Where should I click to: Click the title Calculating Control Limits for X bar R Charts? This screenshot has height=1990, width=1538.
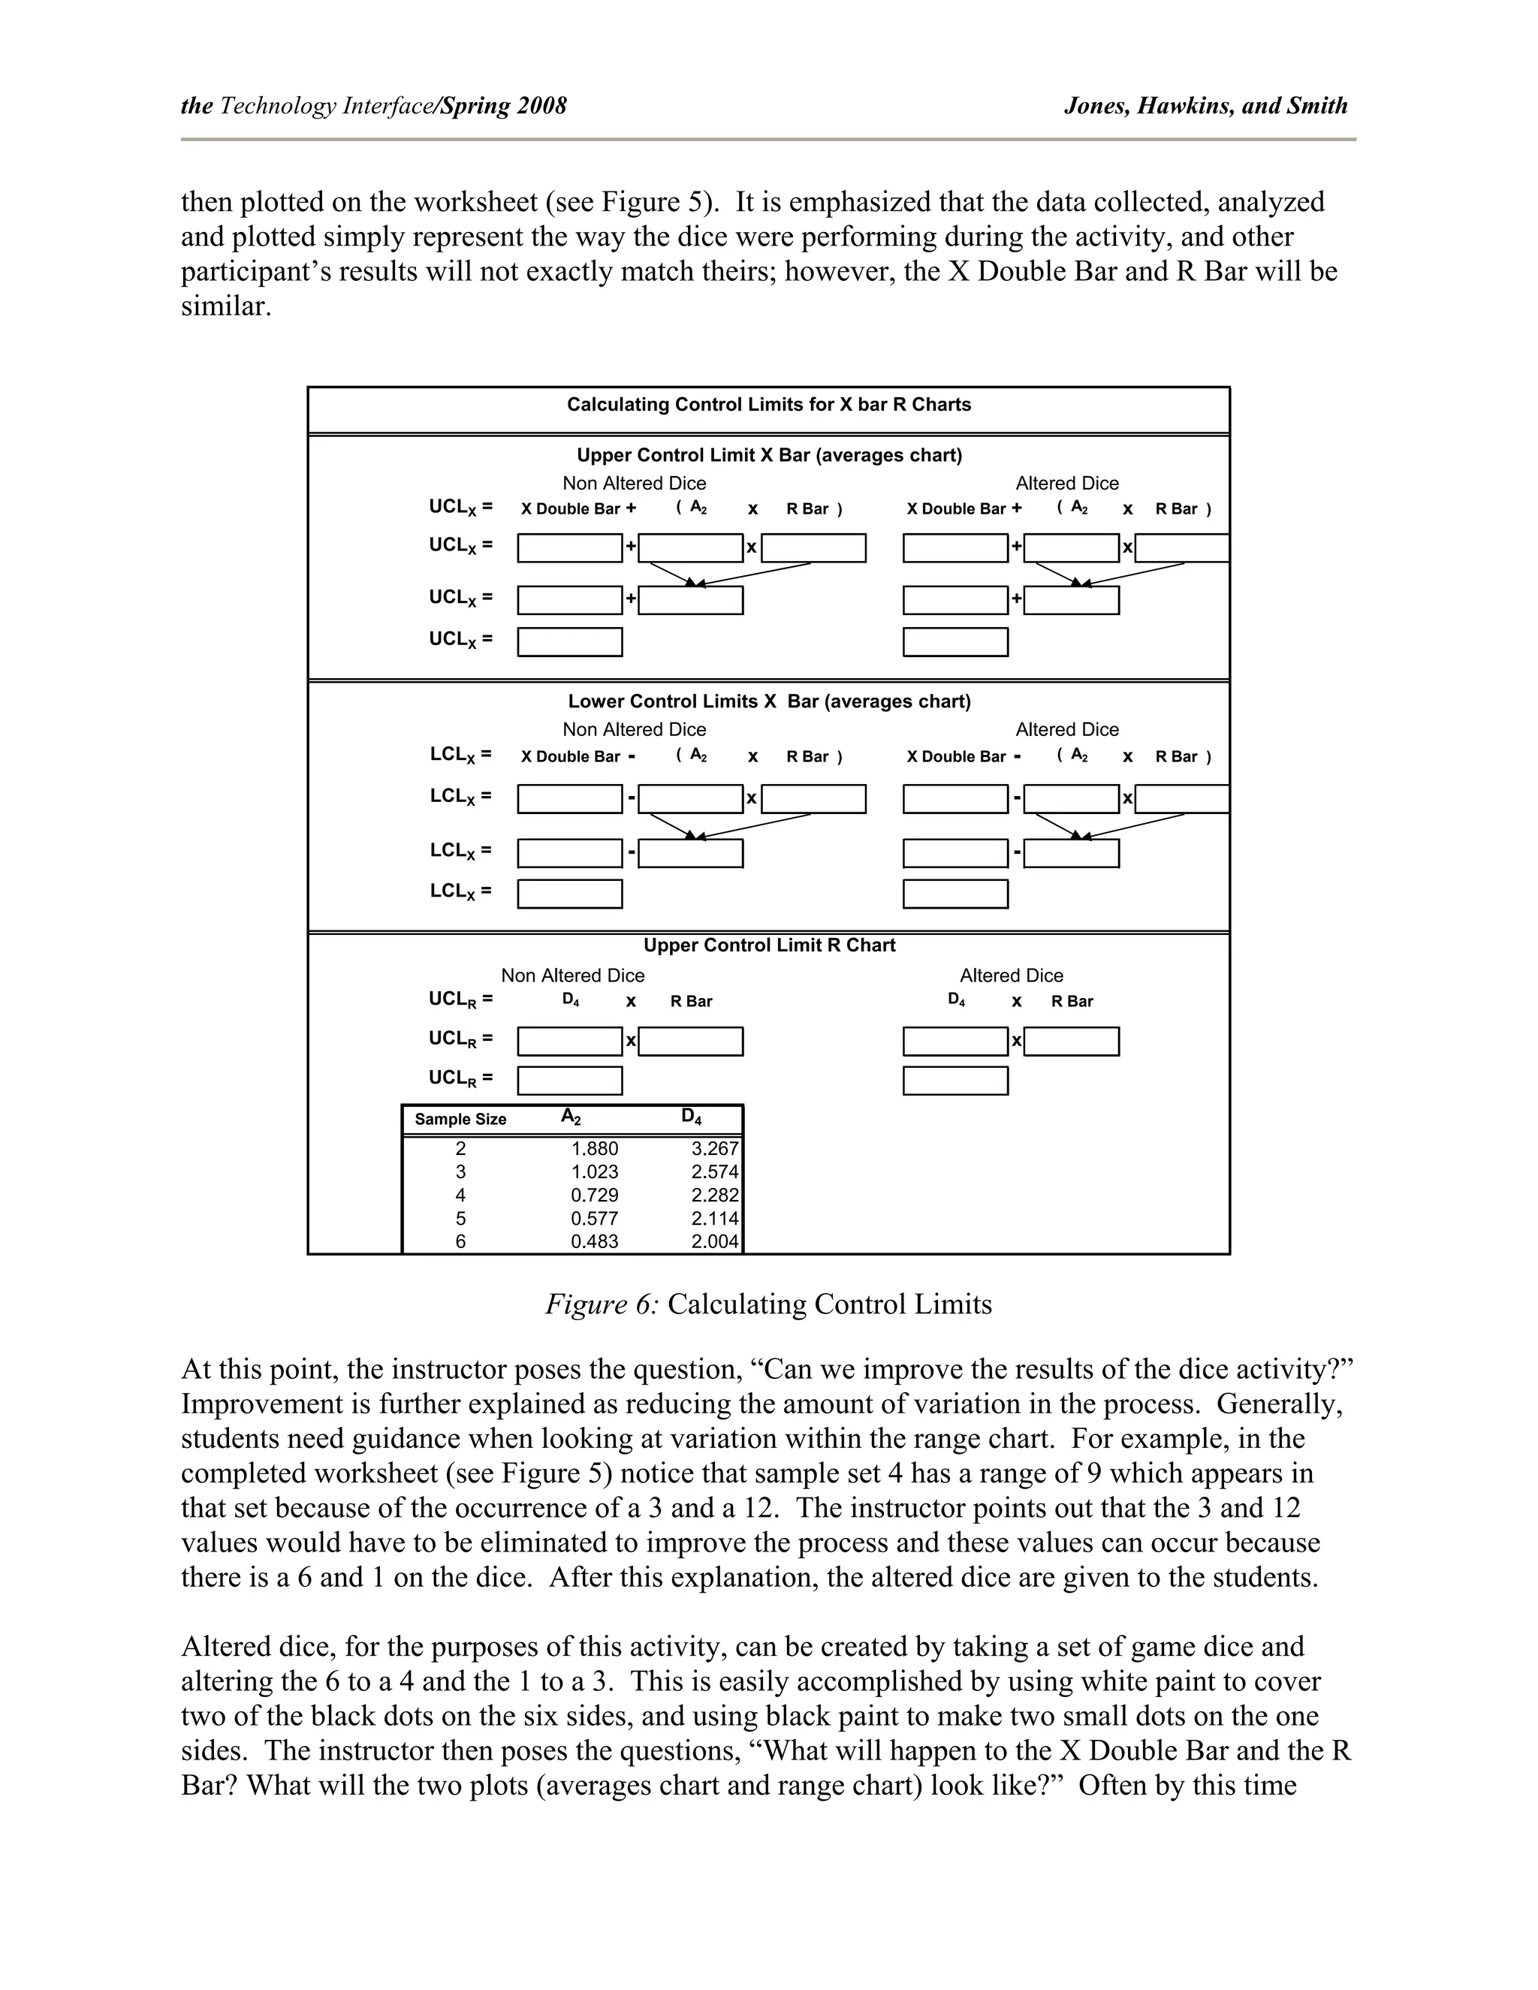[768, 405]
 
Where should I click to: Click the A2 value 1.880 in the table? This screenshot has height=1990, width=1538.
[594, 1149]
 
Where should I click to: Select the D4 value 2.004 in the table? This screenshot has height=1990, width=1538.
[714, 1241]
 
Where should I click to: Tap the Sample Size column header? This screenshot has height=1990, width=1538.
[460, 1119]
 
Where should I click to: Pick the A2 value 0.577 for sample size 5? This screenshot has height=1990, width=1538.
[594, 1218]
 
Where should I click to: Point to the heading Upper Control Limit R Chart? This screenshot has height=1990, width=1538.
[769, 945]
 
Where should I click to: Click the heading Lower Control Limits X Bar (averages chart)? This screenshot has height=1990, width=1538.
[769, 701]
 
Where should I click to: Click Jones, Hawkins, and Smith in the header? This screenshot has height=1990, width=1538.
[1205, 106]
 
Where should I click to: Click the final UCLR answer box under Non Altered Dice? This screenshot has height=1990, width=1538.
[569, 1081]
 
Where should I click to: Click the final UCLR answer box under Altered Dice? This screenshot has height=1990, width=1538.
[955, 1081]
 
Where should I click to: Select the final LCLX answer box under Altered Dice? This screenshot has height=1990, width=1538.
[955, 894]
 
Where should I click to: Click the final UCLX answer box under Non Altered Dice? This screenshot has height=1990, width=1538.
[569, 642]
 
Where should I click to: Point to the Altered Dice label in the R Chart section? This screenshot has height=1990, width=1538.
[1012, 976]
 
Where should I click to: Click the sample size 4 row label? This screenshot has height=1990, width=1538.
[460, 1195]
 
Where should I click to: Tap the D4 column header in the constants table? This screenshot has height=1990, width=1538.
[692, 1117]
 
